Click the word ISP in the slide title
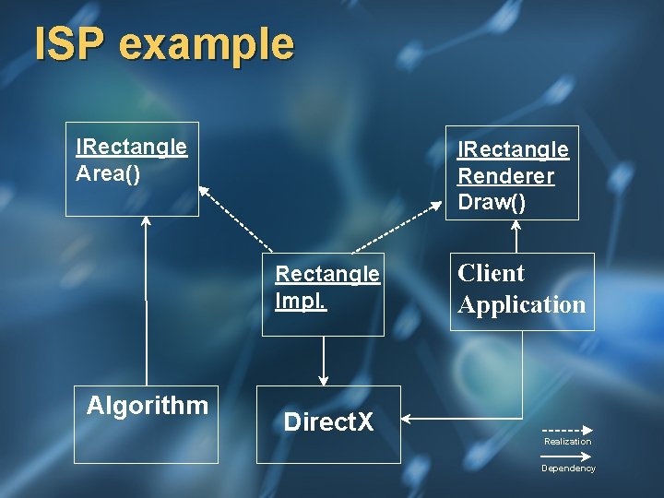coord(67,43)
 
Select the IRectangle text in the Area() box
coord(131,147)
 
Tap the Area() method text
coord(108,173)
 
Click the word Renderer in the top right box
coord(505,175)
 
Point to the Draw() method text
coord(492,202)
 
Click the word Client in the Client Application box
coord(491,274)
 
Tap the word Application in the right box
coord(522,304)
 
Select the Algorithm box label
coord(147,405)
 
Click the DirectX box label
coord(328,422)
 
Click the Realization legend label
coord(567,442)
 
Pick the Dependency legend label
coord(568,468)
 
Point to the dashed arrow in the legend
coord(566,430)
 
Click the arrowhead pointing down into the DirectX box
coord(323,379)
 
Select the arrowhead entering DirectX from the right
coord(409,421)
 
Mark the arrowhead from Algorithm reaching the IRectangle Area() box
coord(146,222)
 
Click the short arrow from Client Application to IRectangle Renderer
coord(516,237)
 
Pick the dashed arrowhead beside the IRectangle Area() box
coord(205,192)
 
